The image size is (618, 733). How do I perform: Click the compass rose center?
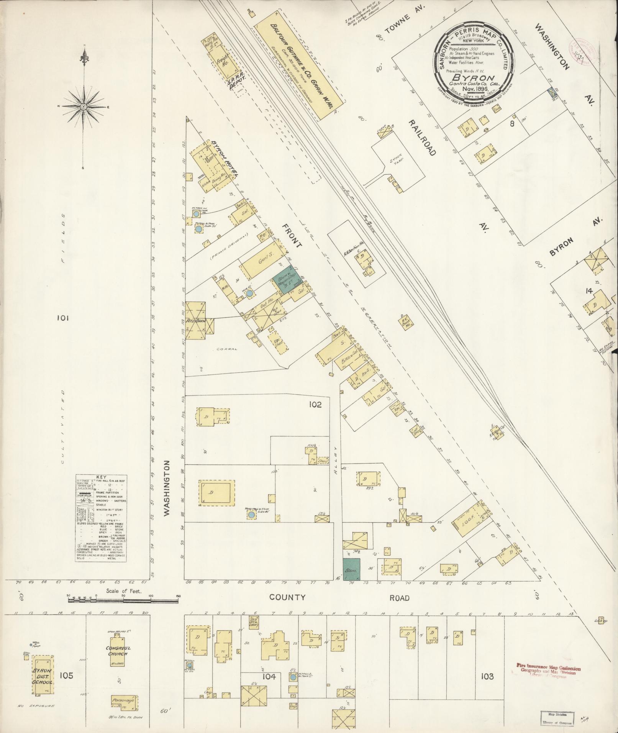pyautogui.click(x=83, y=106)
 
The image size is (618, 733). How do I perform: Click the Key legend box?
pyautogui.click(x=101, y=518)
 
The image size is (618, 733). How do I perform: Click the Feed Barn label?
pyautogui.click(x=196, y=320)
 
